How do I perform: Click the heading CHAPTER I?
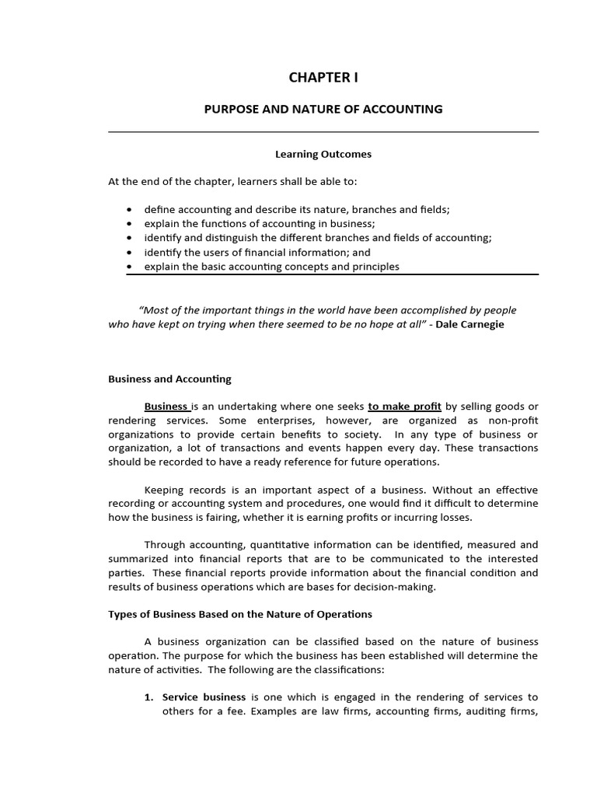(323, 77)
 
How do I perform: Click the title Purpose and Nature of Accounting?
(323, 109)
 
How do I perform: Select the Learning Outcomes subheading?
(323, 154)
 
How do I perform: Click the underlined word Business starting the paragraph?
(166, 406)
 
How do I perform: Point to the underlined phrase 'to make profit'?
(404, 406)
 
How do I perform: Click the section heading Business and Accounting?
(169, 379)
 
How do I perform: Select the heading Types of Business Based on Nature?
(239, 613)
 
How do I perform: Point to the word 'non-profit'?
(513, 420)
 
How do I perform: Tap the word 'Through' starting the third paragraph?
(165, 545)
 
